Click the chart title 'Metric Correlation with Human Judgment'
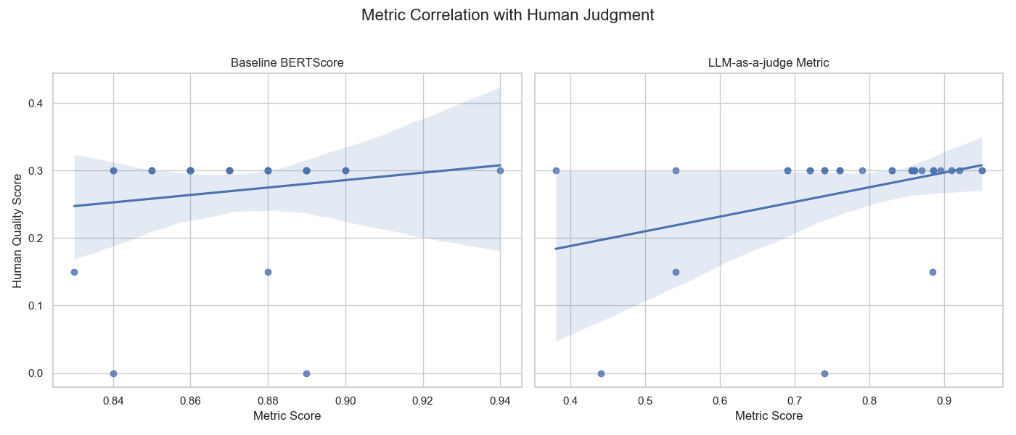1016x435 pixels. click(507, 15)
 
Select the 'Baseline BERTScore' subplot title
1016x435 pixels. click(287, 63)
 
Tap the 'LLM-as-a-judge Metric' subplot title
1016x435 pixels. click(769, 63)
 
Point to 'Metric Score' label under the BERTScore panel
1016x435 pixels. click(287, 416)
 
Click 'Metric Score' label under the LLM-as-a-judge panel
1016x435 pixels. click(769, 416)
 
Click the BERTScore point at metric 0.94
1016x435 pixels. click(500, 170)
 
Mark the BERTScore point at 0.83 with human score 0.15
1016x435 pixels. click(74, 272)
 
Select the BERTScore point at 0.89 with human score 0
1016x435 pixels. click(306, 373)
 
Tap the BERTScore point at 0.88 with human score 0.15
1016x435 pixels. click(268, 272)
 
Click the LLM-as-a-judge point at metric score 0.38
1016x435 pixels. click(556, 170)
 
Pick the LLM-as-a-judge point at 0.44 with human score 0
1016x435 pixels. click(601, 373)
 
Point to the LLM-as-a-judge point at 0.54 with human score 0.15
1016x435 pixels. click(676, 272)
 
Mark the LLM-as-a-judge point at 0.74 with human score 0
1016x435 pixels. click(824, 373)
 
